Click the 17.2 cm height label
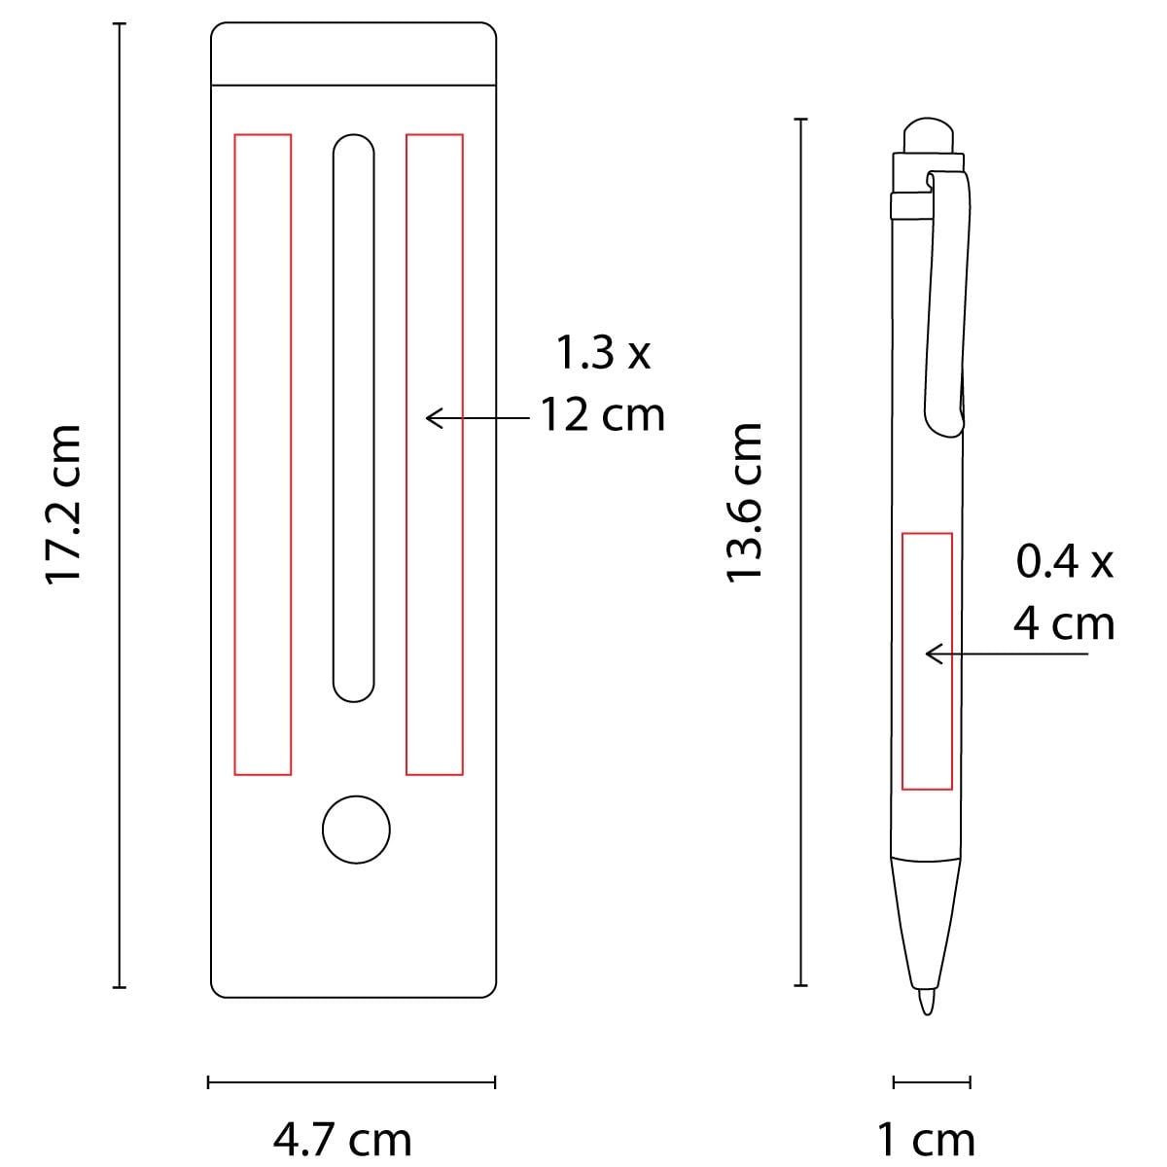tap(63, 505)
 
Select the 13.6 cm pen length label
tap(744, 503)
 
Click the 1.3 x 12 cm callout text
tap(603, 384)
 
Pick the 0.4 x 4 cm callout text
tap(1064, 593)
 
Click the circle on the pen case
tap(356, 830)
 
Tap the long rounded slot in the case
tap(354, 418)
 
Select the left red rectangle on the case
tap(263, 454)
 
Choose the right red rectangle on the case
tap(435, 454)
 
